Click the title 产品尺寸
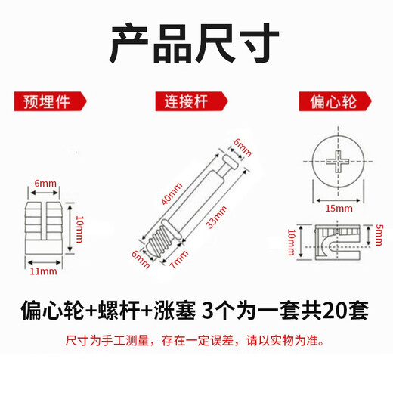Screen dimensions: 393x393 [x=196, y=45]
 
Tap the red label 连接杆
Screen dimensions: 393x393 [x=184, y=101]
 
